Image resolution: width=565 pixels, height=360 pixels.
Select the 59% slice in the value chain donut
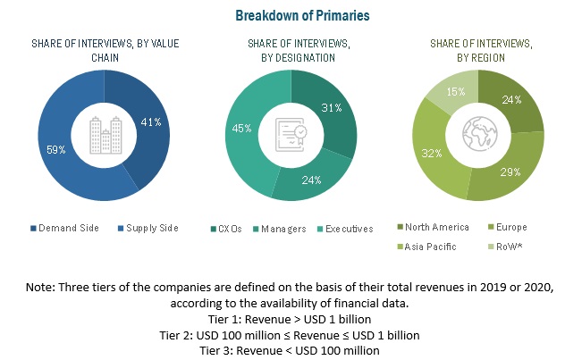click(x=63, y=149)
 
